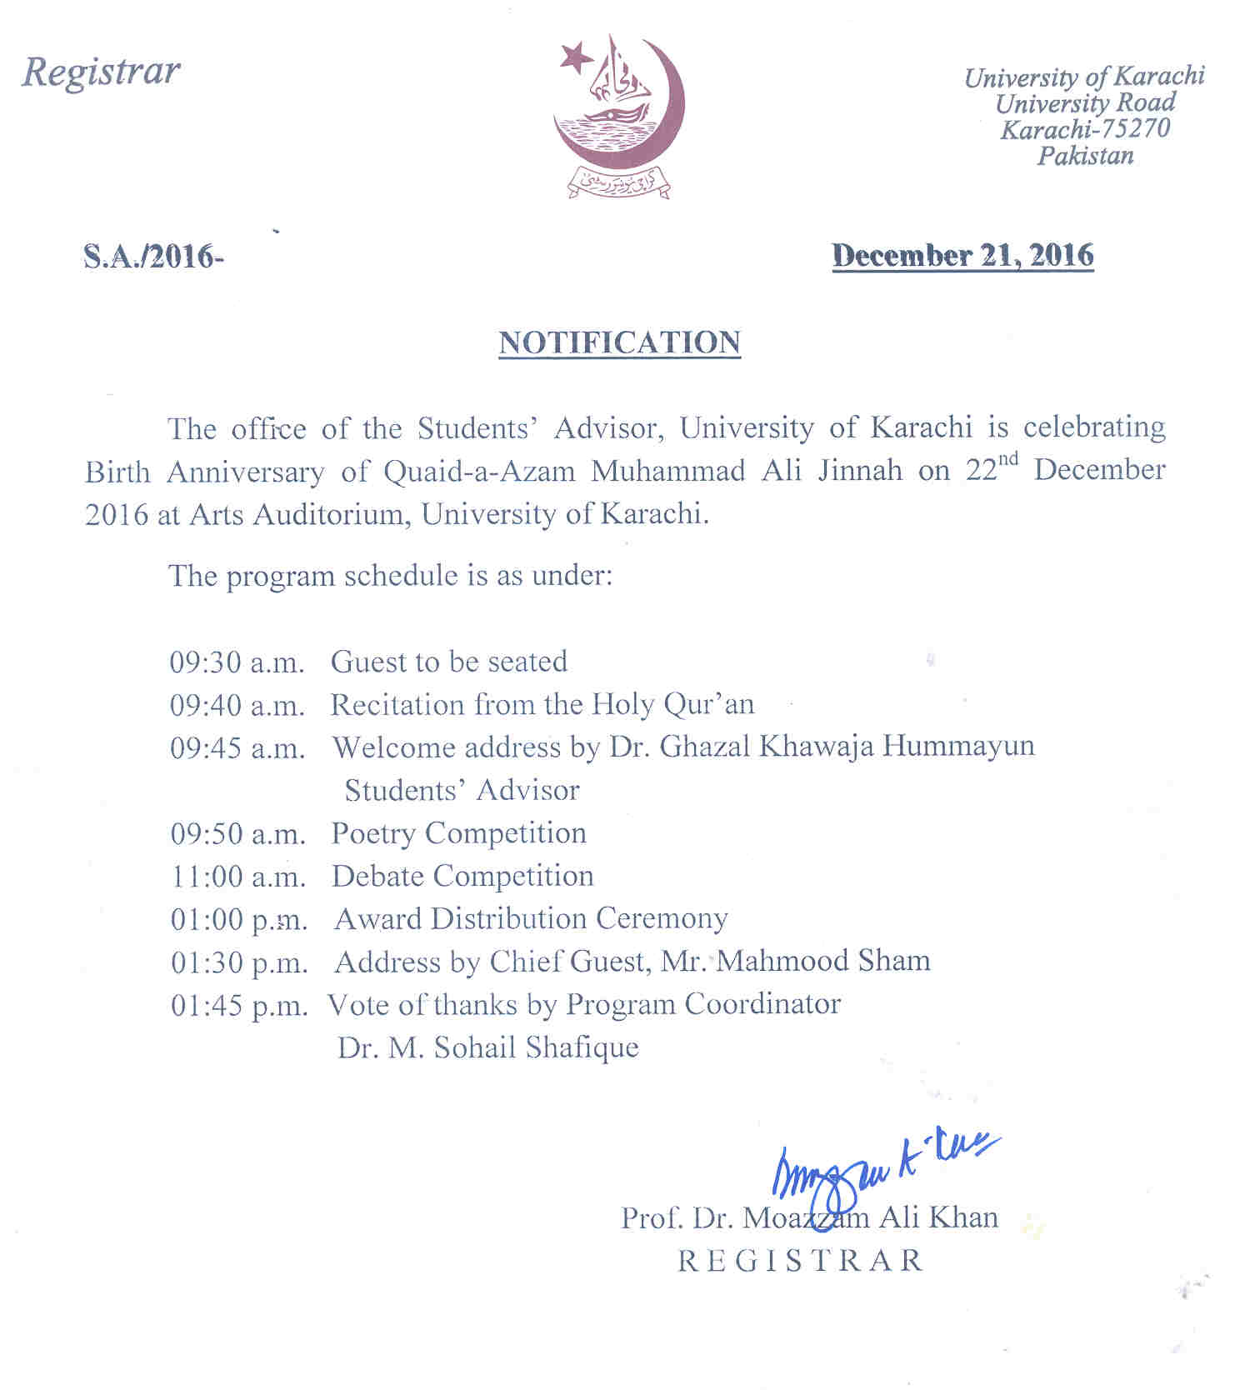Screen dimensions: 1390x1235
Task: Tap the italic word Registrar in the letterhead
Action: click(101, 72)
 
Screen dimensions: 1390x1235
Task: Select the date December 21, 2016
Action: click(962, 255)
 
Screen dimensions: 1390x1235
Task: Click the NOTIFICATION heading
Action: click(619, 342)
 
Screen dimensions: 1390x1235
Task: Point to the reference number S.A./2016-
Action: click(153, 256)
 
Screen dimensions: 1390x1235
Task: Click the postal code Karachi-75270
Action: click(1085, 129)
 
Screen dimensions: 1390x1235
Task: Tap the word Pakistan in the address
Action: click(1085, 156)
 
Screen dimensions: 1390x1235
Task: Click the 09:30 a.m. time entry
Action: click(237, 662)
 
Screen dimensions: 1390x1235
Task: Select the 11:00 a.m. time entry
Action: click(238, 877)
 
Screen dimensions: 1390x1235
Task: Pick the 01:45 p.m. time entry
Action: click(239, 1006)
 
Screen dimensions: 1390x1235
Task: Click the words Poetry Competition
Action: click(458, 833)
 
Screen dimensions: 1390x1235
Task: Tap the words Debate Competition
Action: click(462, 877)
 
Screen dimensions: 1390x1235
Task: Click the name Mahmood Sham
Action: click(822, 962)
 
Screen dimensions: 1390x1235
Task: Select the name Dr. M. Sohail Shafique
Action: click(488, 1047)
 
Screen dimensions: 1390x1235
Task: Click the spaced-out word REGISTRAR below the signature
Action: click(801, 1261)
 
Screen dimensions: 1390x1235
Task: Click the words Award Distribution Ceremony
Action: click(531, 919)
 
